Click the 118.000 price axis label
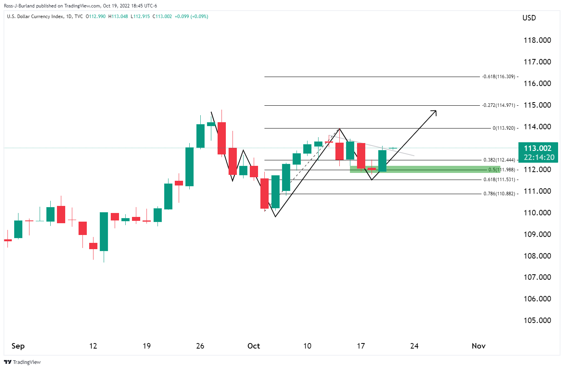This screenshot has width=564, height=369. click(537, 40)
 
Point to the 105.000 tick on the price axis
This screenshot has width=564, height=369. click(537, 320)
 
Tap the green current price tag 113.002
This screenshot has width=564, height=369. click(537, 149)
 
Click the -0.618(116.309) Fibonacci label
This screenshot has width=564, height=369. click(499, 77)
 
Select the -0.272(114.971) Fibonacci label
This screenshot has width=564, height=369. click(499, 105)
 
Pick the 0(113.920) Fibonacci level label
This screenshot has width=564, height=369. click(504, 128)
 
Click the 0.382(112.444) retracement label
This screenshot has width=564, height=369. click(499, 160)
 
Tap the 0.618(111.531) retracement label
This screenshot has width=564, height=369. click(499, 180)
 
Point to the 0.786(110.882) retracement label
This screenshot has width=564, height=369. click(499, 194)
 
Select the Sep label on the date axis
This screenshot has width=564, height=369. click(18, 346)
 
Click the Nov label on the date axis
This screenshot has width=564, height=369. click(478, 346)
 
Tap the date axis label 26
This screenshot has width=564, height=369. click(200, 346)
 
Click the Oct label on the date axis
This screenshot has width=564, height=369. click(254, 346)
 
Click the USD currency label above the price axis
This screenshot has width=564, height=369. click(529, 18)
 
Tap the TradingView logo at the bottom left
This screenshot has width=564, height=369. click(22, 362)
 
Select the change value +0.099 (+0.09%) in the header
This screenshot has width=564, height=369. click(191, 17)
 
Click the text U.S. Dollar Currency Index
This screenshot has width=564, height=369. click(35, 17)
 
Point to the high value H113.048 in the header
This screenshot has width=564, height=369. click(118, 17)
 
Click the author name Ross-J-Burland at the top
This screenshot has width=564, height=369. click(19, 6)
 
